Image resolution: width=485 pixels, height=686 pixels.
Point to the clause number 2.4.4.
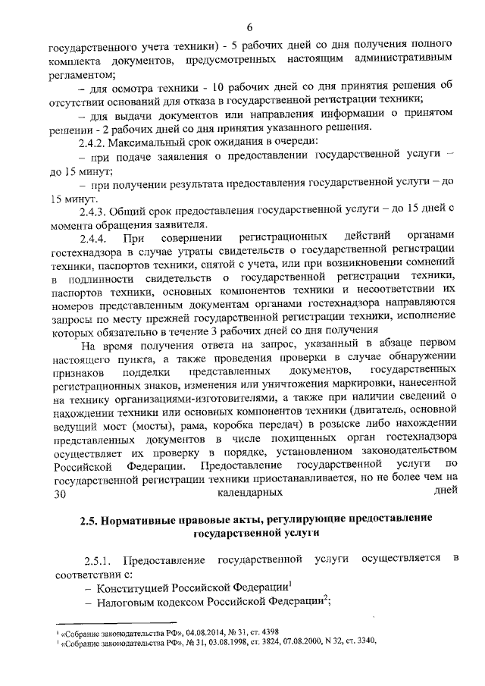[x=98, y=239]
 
